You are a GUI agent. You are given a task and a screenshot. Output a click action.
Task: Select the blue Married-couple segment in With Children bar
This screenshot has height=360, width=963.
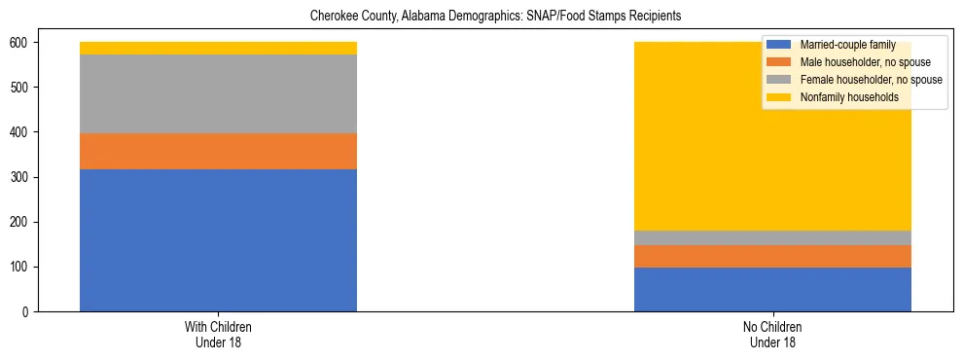click(x=218, y=240)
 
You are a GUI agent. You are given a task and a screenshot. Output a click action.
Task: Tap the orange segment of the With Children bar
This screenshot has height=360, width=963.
click(x=218, y=151)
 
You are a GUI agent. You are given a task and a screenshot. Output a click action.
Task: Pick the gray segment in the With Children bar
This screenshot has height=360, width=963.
click(x=218, y=93)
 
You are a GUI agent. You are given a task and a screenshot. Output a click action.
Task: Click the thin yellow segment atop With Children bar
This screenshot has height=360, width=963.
click(x=218, y=48)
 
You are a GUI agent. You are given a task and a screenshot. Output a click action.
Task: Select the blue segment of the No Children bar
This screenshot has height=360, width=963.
click(x=772, y=289)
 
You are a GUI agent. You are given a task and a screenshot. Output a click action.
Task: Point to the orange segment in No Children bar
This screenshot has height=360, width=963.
click(x=772, y=256)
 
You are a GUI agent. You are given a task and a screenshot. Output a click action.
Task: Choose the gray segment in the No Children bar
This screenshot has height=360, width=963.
click(x=772, y=237)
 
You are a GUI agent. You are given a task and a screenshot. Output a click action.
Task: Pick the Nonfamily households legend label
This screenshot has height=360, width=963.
click(x=850, y=97)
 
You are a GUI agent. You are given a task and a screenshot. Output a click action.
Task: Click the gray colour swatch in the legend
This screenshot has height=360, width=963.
click(x=779, y=80)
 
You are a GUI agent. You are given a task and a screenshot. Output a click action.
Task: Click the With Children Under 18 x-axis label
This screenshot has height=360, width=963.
click(x=218, y=335)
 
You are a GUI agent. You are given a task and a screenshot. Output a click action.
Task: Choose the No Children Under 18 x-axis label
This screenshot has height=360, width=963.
click(x=772, y=335)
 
